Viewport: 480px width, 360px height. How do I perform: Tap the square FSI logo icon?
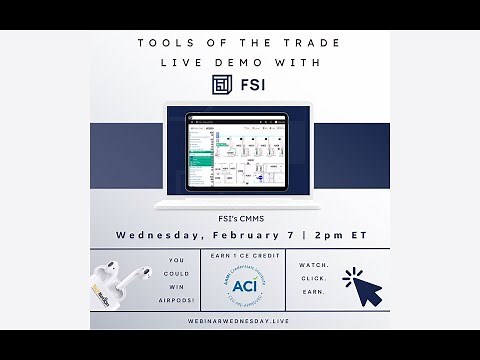click(x=222, y=85)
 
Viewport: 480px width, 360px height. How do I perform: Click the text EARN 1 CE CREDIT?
click(x=241, y=257)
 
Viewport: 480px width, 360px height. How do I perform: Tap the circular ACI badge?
click(x=240, y=287)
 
